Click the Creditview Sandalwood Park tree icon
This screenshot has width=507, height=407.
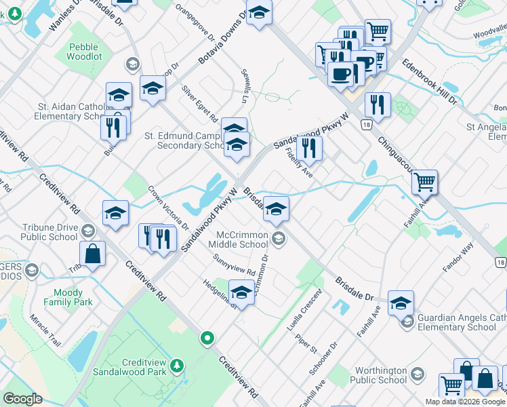(177, 366)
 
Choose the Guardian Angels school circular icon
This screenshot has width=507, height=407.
(407, 322)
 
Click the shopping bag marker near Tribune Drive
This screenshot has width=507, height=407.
(93, 255)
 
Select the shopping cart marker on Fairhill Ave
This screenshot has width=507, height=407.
(424, 182)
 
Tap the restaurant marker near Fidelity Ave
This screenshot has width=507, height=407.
(309, 147)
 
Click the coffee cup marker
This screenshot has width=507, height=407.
(340, 73)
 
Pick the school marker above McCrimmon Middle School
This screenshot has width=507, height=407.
(276, 210)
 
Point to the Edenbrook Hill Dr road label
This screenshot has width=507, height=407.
(430, 81)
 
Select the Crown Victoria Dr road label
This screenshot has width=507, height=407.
(168, 207)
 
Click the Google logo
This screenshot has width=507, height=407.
(22, 399)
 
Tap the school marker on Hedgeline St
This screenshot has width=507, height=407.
(241, 293)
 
